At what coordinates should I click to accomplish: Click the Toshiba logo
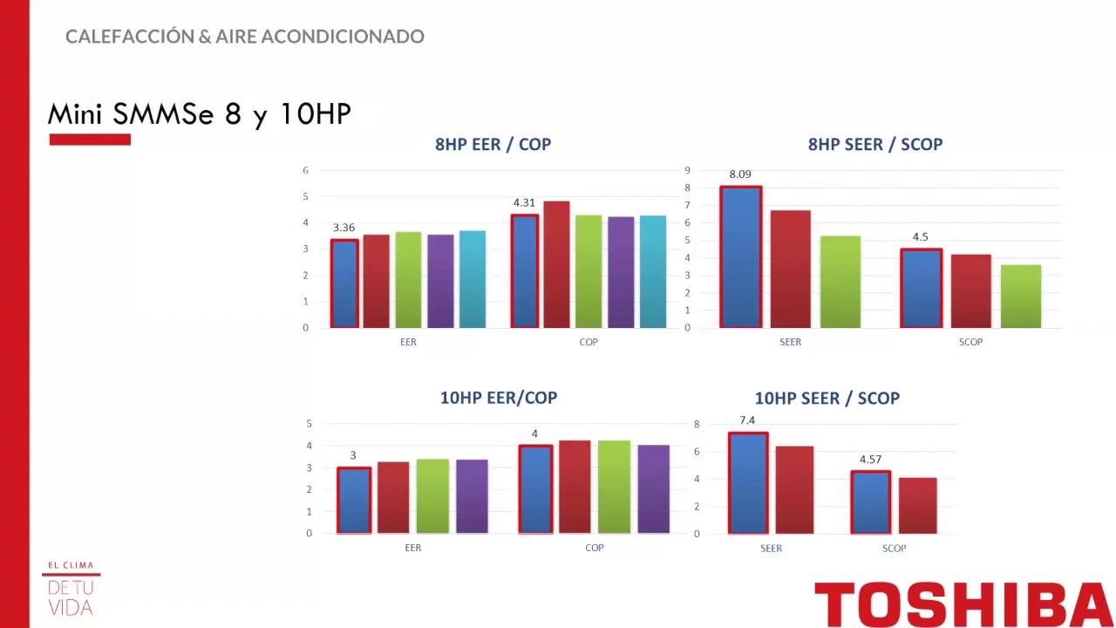tap(963, 604)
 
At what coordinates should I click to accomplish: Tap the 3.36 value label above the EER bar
tap(344, 228)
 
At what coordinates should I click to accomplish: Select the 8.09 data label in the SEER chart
tap(739, 174)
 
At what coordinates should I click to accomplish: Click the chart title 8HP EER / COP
tap(493, 145)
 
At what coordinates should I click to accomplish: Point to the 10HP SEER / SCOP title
tap(827, 399)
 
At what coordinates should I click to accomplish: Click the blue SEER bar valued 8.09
tap(741, 257)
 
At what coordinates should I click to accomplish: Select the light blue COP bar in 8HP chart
tap(653, 272)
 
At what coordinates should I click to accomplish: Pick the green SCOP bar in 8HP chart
tap(1021, 297)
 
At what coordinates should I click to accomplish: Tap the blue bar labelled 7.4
tap(748, 483)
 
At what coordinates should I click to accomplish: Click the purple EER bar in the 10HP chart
tap(472, 496)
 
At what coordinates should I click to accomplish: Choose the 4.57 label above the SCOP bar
tap(870, 460)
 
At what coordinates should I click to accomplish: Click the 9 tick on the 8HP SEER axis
tap(687, 171)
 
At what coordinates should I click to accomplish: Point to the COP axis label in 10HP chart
tap(594, 548)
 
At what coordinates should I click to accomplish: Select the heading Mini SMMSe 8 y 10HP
tap(199, 114)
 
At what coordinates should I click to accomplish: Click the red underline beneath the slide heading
tap(90, 140)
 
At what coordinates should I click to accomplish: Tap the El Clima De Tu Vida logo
tap(71, 589)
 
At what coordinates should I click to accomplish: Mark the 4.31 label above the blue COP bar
tap(524, 203)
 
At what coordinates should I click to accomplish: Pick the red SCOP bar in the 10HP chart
tap(917, 506)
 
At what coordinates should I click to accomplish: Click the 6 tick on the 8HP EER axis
tap(305, 171)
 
